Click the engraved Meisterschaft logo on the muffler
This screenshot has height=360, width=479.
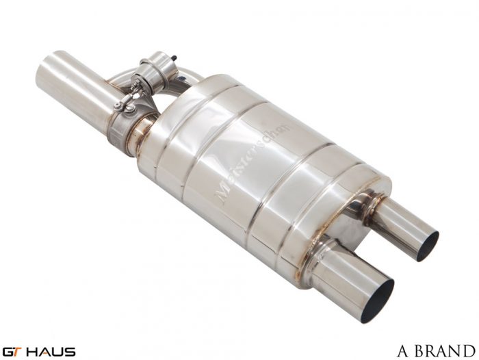tap(254, 162)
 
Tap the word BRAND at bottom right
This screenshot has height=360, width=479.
tap(445, 351)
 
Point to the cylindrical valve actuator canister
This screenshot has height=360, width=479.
tap(155, 66)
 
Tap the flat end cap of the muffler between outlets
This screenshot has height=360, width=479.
tap(356, 226)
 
